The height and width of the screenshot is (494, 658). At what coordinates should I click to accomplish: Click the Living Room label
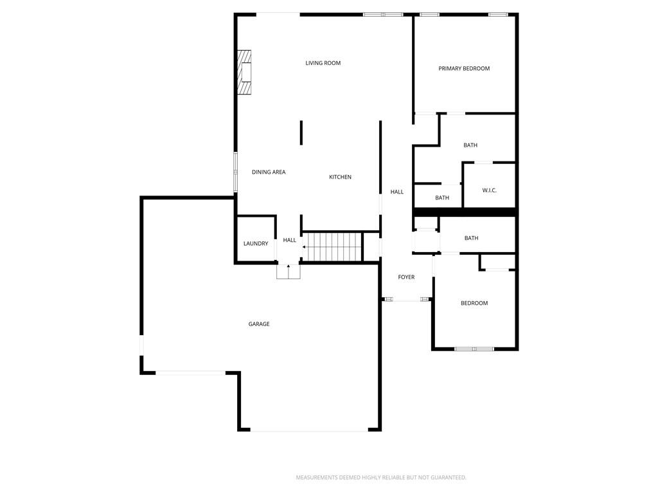(323, 63)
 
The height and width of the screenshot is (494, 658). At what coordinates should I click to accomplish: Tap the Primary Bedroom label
(464, 68)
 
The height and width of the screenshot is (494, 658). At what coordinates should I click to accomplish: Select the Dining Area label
(269, 172)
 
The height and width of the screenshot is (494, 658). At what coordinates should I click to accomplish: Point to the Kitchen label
(340, 177)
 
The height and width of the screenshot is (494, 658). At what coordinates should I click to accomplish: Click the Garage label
(259, 324)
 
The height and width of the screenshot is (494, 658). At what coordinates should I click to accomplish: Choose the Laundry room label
(256, 244)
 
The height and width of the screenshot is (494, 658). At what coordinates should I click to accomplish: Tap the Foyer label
(406, 277)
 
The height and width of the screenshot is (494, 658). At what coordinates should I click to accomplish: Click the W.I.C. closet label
(489, 190)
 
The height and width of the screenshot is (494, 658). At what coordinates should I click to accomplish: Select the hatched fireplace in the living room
(244, 72)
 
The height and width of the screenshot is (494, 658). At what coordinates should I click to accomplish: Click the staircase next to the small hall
(332, 246)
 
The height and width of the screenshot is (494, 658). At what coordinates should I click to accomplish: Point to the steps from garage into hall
(289, 272)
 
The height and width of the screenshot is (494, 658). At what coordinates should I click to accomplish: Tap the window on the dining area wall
(235, 172)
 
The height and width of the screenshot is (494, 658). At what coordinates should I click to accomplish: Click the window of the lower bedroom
(474, 349)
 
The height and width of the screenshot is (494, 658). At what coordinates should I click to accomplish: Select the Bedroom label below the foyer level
(474, 304)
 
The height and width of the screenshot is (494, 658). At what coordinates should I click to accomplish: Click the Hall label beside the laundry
(290, 241)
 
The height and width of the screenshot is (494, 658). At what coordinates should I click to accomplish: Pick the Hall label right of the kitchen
(397, 192)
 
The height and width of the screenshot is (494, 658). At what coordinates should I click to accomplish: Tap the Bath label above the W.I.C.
(470, 145)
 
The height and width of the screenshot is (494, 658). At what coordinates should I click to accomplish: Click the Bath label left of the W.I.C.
(442, 198)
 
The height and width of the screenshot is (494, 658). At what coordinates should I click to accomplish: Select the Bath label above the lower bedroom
(471, 238)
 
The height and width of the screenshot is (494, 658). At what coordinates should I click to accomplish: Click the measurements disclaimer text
(381, 478)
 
